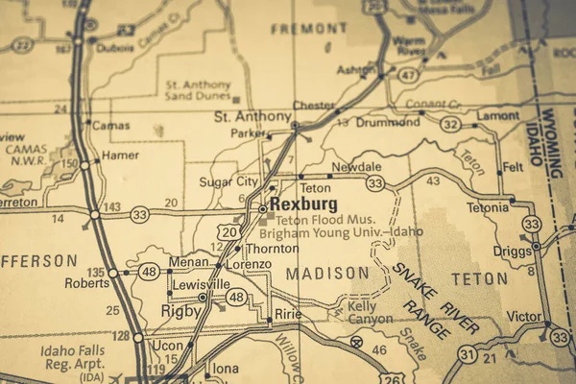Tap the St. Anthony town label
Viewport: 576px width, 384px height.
pos(251,116)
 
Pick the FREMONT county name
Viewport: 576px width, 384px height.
pos(296,29)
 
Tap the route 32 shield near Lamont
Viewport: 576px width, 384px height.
pos(448,124)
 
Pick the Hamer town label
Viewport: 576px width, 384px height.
pos(120,155)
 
